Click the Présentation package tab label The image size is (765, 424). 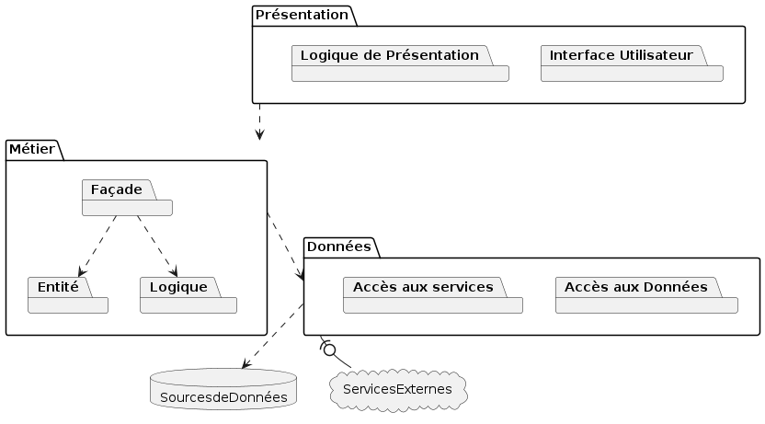(x=301, y=15)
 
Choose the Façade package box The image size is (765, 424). (x=127, y=198)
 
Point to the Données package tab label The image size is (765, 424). (x=338, y=246)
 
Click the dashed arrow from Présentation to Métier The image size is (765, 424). (x=260, y=121)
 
